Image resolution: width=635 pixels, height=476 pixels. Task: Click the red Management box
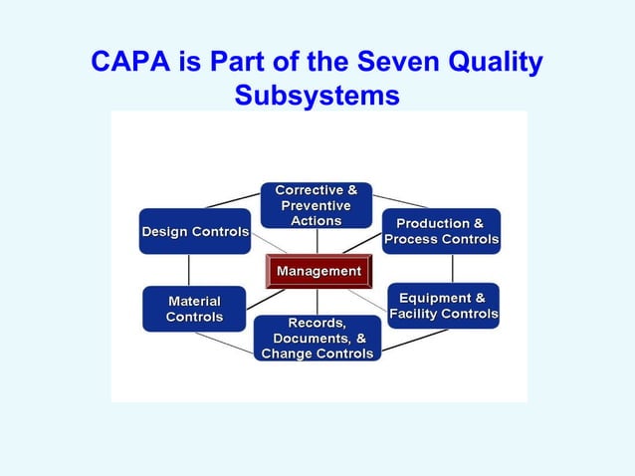tap(317, 271)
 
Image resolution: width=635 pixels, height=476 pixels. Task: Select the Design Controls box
tap(195, 232)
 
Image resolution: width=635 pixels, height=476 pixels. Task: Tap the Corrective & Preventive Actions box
tap(317, 205)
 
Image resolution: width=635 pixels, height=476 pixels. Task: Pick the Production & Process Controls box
tap(441, 232)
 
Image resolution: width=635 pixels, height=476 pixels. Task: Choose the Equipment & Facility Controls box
tap(443, 307)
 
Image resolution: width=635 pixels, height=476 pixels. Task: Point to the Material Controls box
tap(194, 309)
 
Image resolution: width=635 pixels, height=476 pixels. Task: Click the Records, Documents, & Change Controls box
tap(317, 339)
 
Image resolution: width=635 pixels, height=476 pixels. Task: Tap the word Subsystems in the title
tap(317, 96)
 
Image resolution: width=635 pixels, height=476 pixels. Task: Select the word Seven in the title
tap(389, 63)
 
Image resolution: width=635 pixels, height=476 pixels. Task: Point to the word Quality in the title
tap(493, 63)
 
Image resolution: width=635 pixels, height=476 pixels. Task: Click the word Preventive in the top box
tap(317, 205)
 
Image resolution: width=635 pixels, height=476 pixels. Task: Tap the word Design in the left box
tap(165, 232)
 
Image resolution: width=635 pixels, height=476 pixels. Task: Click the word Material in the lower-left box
tap(194, 301)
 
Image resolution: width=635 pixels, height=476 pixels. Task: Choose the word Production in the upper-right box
tap(433, 224)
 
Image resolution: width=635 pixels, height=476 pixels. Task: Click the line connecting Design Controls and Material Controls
tap(189, 270)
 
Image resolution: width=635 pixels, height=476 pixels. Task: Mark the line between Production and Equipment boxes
tap(452, 268)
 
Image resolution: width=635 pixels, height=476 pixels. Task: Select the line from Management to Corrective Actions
tap(317, 241)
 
